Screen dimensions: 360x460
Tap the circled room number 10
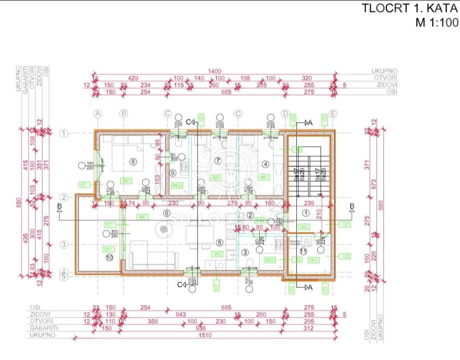coord(109,257)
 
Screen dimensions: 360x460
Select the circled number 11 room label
coord(304,251)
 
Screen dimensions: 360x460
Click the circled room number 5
coord(219,242)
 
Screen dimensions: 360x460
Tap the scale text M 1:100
coord(436,22)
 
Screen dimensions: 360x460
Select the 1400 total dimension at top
coord(214,71)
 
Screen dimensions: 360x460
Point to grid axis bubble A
coord(98,113)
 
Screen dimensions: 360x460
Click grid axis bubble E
coord(333,113)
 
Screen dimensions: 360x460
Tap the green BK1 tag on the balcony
coord(108,249)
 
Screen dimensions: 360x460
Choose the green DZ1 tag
coord(345,224)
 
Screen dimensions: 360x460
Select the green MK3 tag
coord(313,260)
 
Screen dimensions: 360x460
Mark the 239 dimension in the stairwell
coord(308,203)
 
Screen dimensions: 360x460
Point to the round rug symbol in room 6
coord(162,229)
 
